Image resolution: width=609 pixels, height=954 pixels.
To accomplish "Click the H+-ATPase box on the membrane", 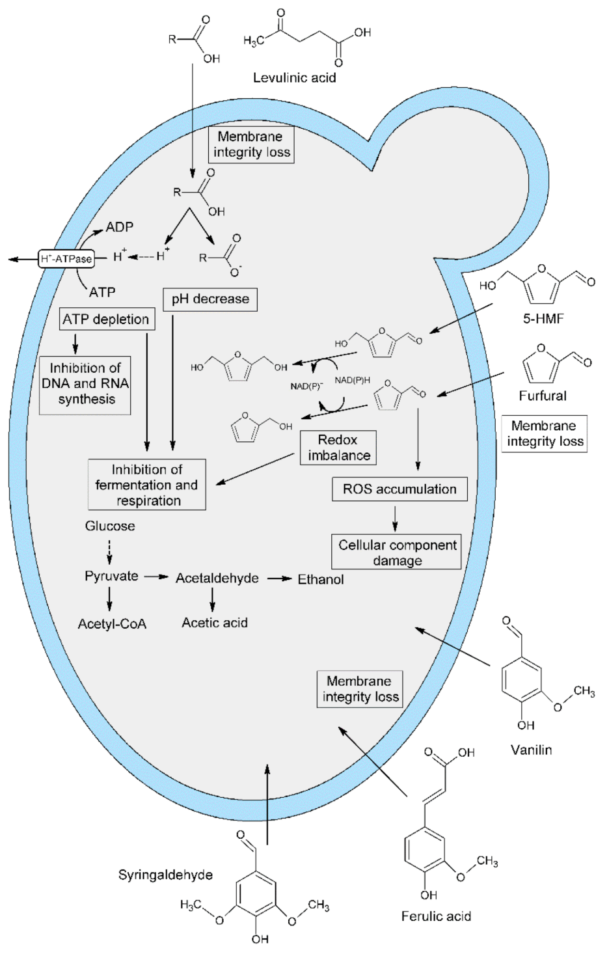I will pos(66,258).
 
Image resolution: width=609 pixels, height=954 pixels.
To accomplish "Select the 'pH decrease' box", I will pos(210,299).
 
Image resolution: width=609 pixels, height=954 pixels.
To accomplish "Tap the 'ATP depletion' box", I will pos(106,319).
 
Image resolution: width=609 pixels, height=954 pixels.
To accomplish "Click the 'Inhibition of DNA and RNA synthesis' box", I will pos(86,384).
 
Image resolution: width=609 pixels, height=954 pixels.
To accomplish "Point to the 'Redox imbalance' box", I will pos(338,448).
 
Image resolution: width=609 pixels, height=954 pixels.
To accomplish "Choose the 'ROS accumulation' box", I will pos(399,489).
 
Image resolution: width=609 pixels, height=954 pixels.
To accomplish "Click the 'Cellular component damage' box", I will pos(397,552).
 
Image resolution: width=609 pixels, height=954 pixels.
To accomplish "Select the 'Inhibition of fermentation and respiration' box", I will pos(147,485).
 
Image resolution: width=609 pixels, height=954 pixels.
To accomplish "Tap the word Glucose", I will pos(110,526).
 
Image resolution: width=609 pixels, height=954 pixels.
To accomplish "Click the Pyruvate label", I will pos(111,576).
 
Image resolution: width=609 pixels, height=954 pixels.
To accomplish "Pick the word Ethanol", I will pos(321,579).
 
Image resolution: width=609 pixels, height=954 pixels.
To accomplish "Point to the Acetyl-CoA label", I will pos(112,624).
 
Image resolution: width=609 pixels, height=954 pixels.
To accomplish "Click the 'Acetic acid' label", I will pos(215,623).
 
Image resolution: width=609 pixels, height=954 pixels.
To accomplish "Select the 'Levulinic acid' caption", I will pos(294,77).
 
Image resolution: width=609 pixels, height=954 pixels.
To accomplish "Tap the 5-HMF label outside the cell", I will pos(543,319).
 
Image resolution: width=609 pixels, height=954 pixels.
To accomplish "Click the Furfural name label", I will pos(543,396).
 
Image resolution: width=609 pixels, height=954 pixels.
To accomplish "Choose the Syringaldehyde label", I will pos(165,875).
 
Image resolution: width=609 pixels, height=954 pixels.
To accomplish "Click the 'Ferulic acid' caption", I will pos(436,916).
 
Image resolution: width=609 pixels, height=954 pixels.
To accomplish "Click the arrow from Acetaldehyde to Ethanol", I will pos(278,579).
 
